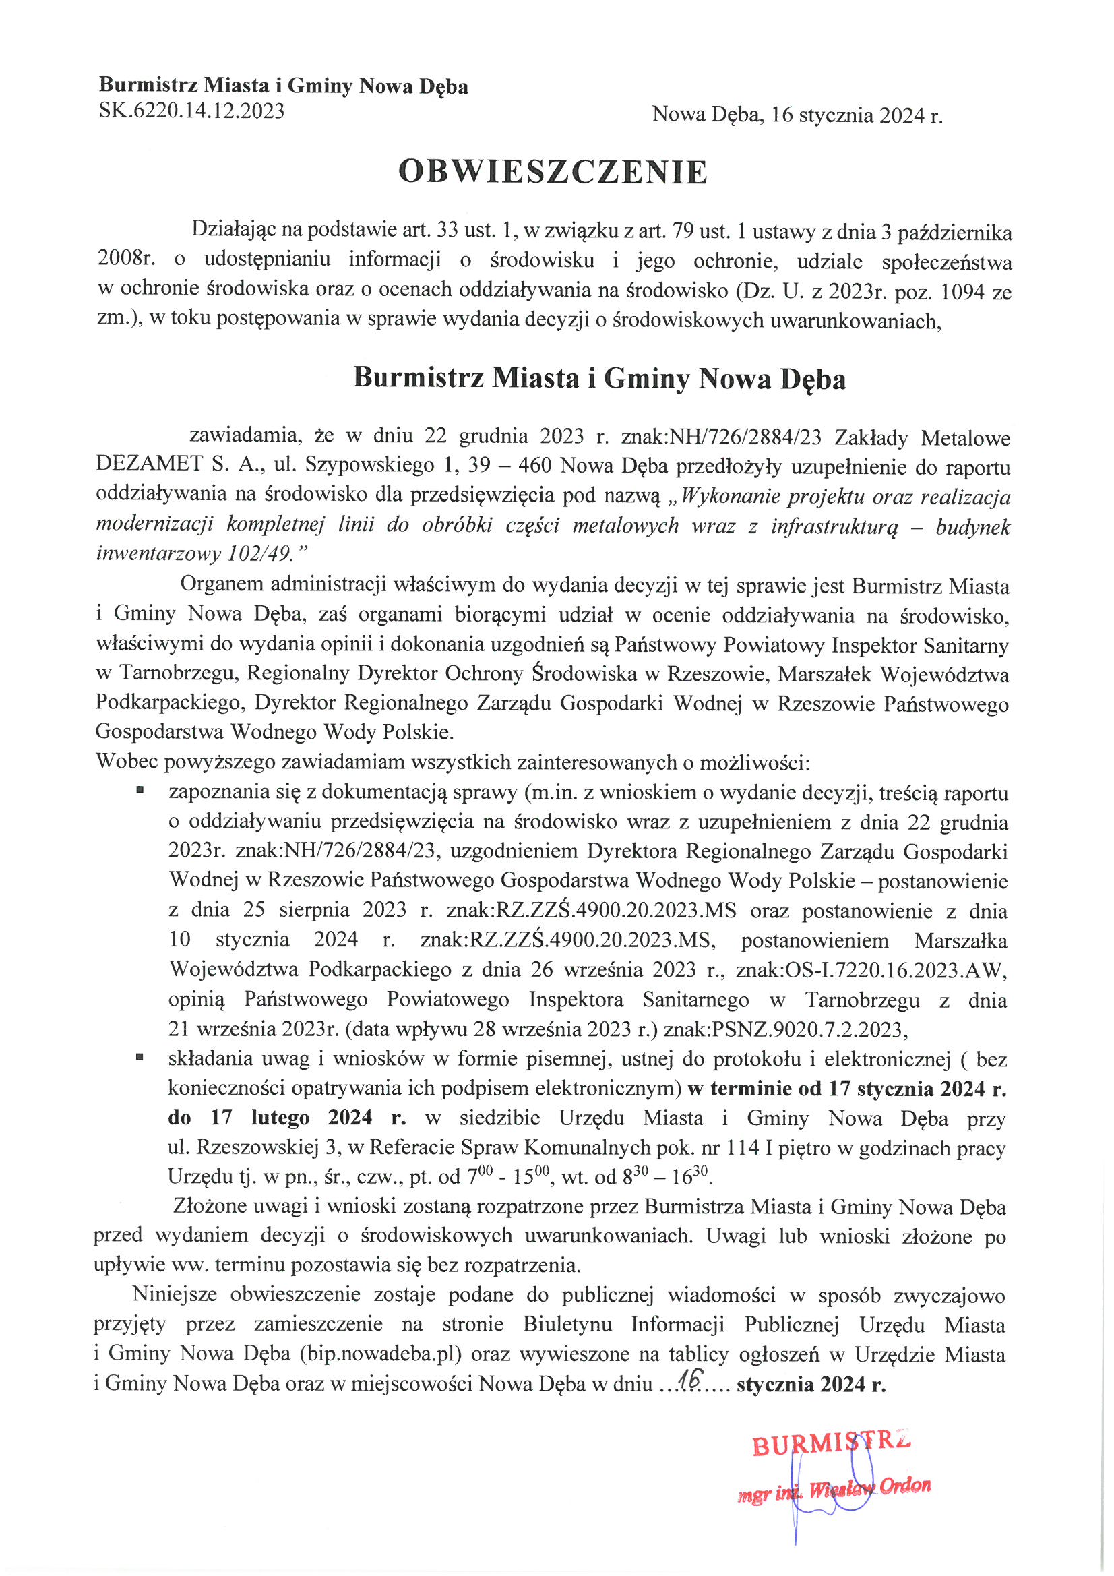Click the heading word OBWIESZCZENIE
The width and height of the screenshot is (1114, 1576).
point(553,172)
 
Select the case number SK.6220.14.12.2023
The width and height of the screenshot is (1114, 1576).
point(191,111)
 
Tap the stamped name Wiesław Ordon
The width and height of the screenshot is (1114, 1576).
point(869,1488)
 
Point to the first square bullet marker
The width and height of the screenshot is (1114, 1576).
point(140,791)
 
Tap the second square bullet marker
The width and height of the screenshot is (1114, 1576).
point(140,1058)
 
